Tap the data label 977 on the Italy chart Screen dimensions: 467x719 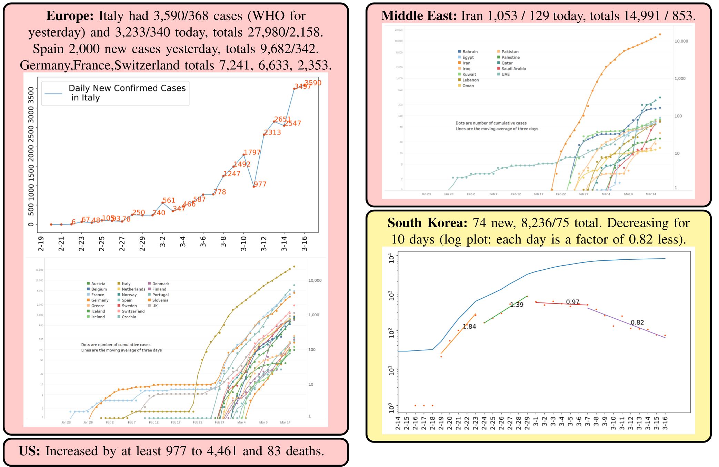(260, 184)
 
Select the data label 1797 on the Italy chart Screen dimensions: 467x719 (252, 152)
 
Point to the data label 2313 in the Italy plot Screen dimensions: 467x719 (272, 132)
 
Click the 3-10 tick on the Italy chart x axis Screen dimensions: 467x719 (244, 244)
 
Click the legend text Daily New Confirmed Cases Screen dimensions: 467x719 (127, 88)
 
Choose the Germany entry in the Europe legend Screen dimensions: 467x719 (100, 300)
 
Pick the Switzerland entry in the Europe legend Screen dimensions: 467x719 (133, 311)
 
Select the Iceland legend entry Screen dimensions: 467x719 (98, 311)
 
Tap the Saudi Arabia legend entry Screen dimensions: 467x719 (513, 69)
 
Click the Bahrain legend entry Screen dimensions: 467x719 (470, 52)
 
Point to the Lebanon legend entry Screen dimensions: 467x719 (470, 80)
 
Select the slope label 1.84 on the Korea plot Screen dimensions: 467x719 (469, 327)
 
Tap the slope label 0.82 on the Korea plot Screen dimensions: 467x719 (637, 322)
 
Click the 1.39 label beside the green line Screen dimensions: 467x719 (517, 305)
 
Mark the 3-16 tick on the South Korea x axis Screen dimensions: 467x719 (665, 423)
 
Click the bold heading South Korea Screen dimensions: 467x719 (427, 223)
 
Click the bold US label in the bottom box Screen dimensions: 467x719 (30, 451)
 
